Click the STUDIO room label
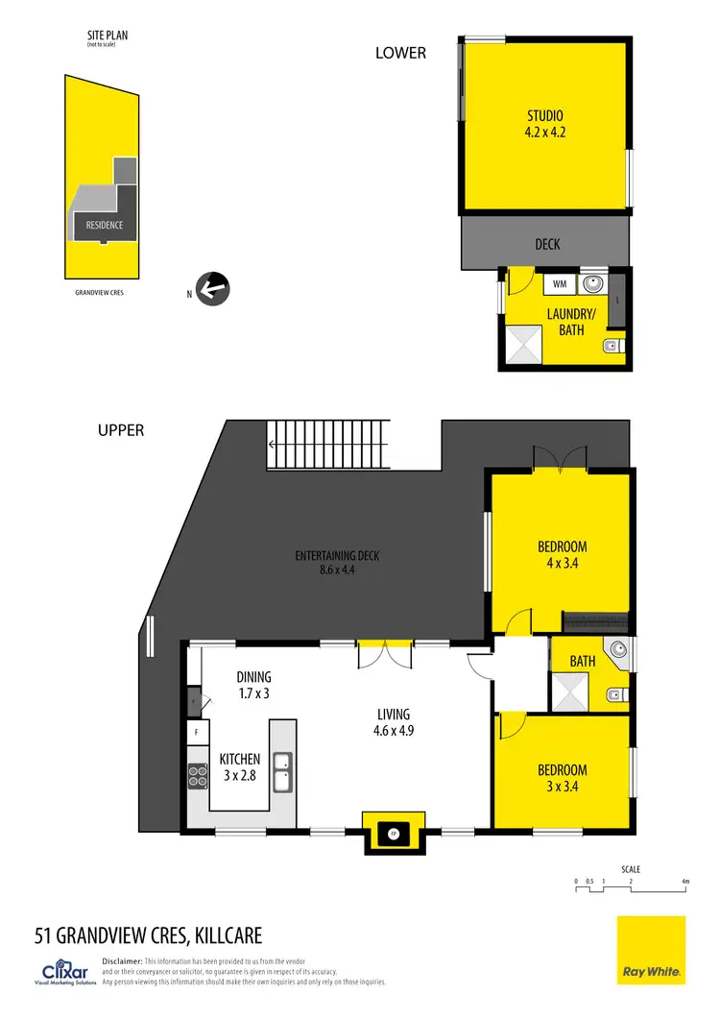click(544, 126)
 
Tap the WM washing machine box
click(560, 284)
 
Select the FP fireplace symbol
click(393, 833)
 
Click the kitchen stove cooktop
click(198, 775)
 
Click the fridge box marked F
click(197, 732)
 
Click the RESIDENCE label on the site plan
click(104, 225)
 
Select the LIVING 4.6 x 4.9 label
click(394, 721)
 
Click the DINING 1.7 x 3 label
click(254, 683)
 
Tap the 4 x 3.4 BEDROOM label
click(562, 554)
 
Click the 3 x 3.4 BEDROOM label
click(562, 778)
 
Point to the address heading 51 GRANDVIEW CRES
click(148, 934)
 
